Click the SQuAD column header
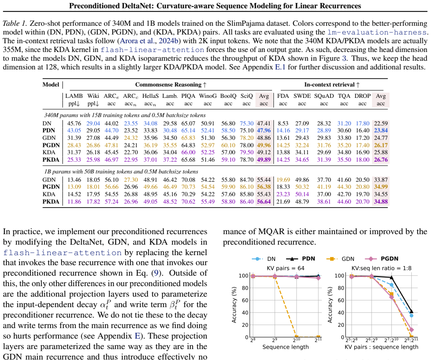coord(324,96)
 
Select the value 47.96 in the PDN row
coord(264,131)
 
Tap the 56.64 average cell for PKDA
coord(264,202)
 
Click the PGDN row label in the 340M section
coord(51,145)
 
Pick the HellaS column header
coord(150,96)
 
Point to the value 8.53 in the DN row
coord(283,124)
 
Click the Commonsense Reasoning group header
coord(171,85)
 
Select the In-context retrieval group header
coord(332,85)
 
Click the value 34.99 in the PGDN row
coord(381,187)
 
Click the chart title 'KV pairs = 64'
coord(286,268)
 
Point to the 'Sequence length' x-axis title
coord(286,347)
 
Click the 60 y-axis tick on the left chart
coord(245,300)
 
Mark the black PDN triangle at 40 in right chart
coord(411,312)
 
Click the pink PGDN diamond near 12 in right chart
coord(411,330)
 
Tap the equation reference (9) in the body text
coord(156,273)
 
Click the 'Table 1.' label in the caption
coord(15,24)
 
